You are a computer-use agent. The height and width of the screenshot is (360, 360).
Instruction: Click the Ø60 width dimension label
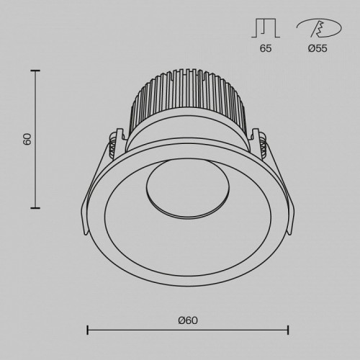188,320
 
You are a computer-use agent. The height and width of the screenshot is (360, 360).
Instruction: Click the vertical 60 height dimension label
27,139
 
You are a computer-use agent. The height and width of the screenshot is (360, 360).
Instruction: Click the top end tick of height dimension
35,70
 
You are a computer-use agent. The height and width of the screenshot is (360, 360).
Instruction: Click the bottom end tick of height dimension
35,208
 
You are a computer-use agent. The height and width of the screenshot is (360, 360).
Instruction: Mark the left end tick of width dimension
88,330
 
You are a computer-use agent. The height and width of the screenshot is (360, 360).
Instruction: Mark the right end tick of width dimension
288,330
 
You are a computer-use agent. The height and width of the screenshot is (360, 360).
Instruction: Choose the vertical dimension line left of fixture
35,173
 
